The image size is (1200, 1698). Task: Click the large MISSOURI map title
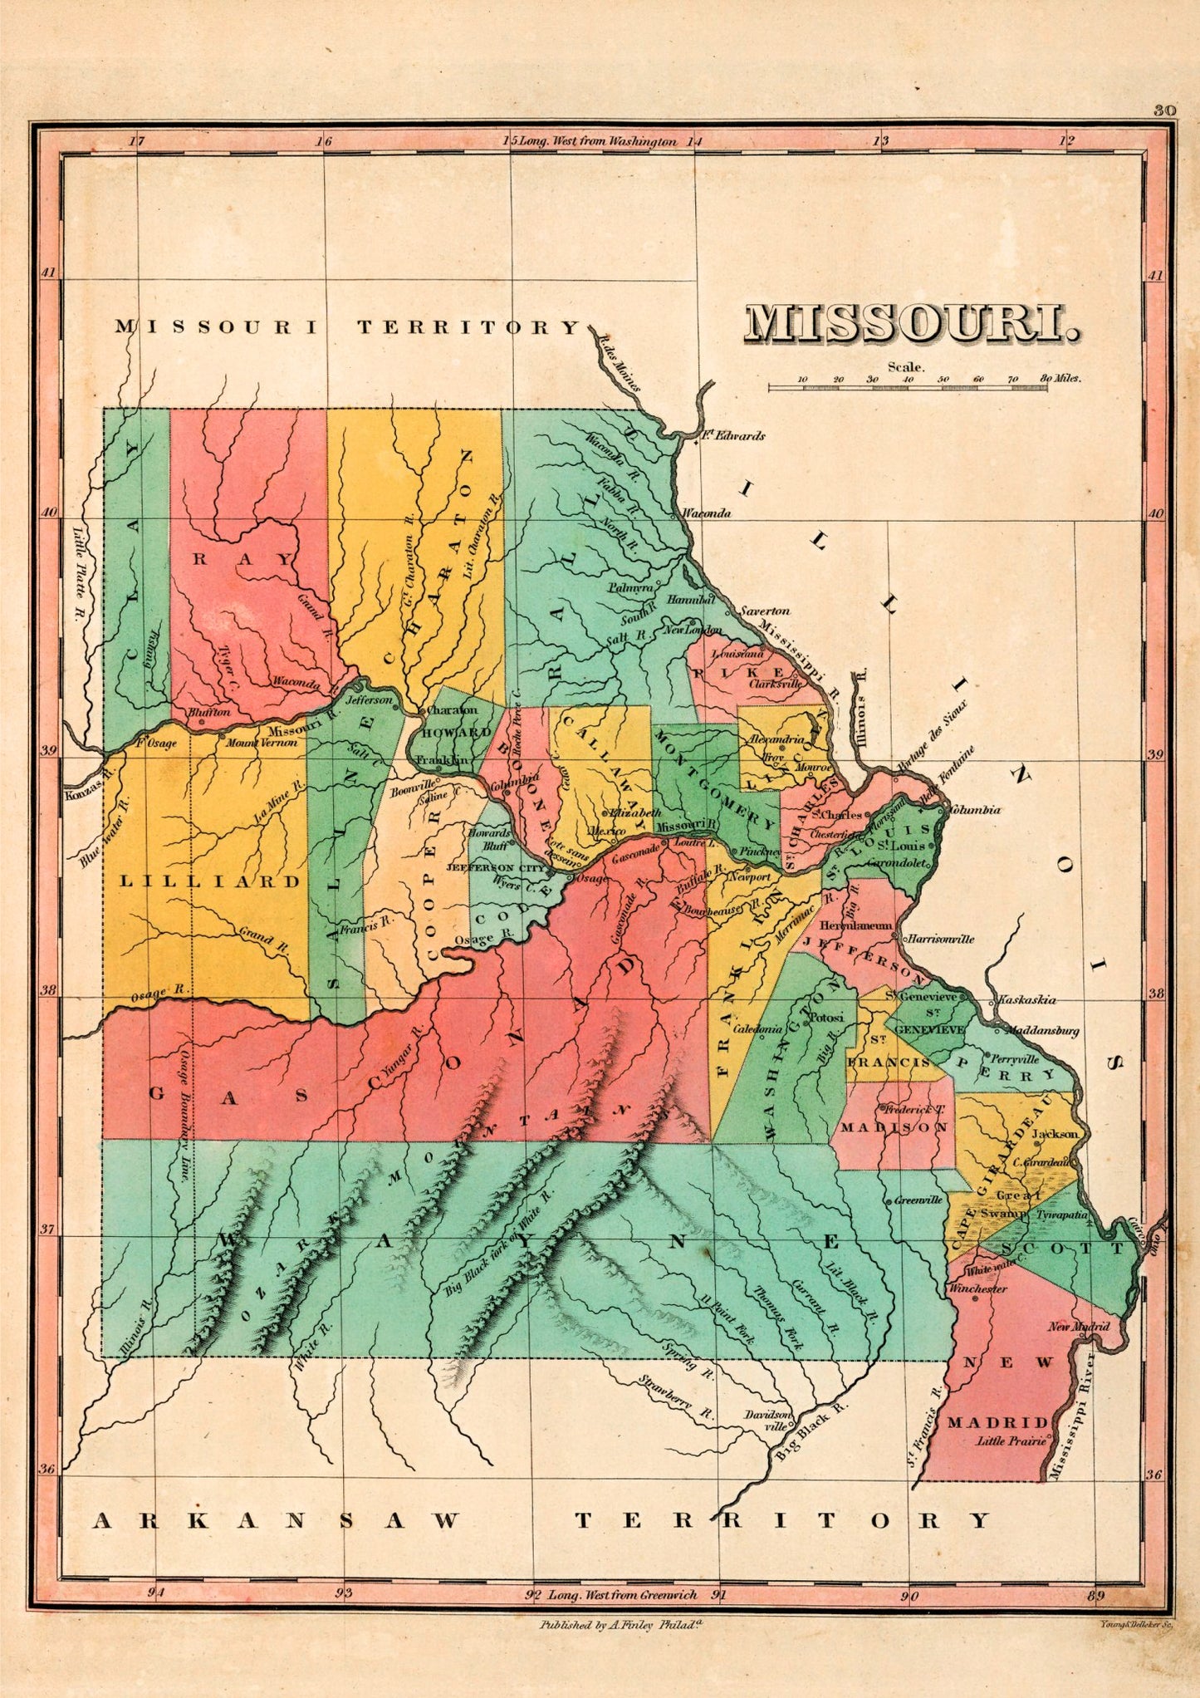tap(911, 324)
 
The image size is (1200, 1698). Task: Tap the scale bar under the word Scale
tap(907, 387)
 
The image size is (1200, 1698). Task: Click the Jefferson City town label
tap(496, 867)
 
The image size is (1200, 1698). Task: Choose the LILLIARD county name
tap(210, 881)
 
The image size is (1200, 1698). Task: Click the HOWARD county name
tap(456, 733)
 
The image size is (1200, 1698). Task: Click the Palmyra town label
tap(630, 587)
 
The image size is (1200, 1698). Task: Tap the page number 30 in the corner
tap(1164, 110)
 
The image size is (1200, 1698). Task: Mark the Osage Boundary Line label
tap(184, 1114)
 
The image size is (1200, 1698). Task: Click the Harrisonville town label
tap(940, 940)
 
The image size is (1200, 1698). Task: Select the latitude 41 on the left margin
tap(49, 273)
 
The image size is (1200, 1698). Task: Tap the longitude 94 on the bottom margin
tap(156, 1592)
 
